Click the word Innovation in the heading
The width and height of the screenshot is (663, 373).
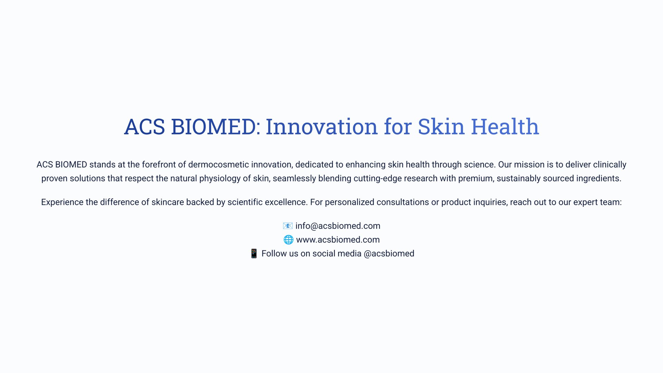[x=321, y=126]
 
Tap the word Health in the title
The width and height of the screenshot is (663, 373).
[x=505, y=126]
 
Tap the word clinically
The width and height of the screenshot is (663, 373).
[x=609, y=165]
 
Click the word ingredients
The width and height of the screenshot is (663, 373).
[x=599, y=179]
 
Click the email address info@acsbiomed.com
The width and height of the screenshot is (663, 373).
[x=338, y=226]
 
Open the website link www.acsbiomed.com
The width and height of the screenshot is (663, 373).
[x=338, y=240]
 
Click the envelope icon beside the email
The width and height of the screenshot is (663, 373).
[x=288, y=226]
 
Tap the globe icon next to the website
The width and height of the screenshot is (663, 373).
[x=288, y=240]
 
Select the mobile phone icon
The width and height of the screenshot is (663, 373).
[x=254, y=254]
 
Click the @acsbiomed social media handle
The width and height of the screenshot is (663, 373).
[x=389, y=254]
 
